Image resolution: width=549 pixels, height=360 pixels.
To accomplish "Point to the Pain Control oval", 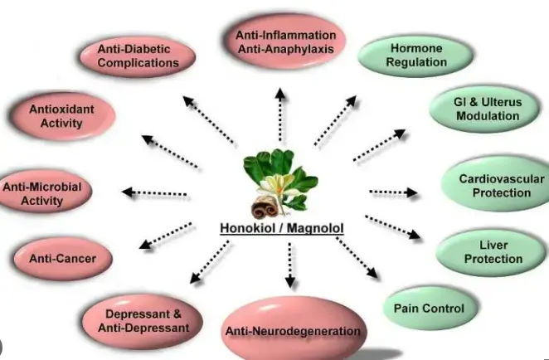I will [428, 309].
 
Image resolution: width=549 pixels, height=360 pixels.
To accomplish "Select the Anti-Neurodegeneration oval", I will [293, 331].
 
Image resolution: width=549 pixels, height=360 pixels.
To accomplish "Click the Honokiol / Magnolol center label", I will [281, 229].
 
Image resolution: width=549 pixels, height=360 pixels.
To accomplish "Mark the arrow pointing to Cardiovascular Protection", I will [393, 192].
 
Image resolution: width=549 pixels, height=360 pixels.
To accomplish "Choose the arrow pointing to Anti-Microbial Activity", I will [155, 193].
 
